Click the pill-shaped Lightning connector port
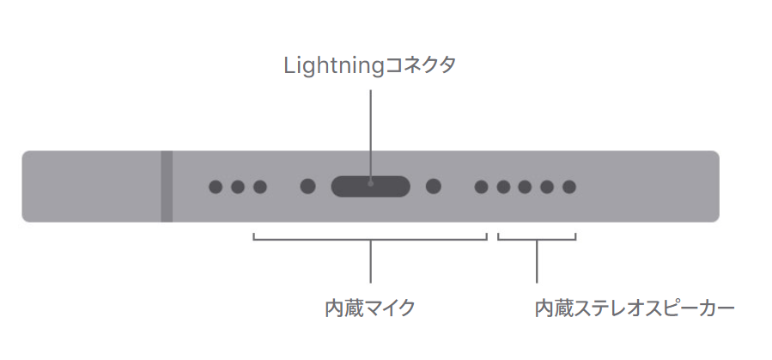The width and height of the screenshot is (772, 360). pyautogui.click(x=371, y=186)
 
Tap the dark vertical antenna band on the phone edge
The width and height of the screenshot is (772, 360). pyautogui.click(x=167, y=186)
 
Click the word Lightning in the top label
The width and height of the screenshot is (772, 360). pyautogui.click(x=331, y=66)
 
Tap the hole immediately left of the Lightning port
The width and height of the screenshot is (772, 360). pyautogui.click(x=308, y=186)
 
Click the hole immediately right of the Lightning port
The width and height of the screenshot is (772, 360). pyautogui.click(x=434, y=186)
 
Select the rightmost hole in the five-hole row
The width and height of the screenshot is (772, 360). pyautogui.click(x=569, y=186)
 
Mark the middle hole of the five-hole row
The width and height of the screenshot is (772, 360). pyautogui.click(x=526, y=186)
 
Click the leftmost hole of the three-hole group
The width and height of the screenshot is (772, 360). pyautogui.click(x=216, y=186)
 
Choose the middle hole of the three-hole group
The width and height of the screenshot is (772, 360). pyautogui.click(x=238, y=186)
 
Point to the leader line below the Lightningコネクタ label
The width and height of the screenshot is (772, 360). pyautogui.click(x=371, y=129)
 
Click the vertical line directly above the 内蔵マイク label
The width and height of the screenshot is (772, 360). pyautogui.click(x=371, y=262)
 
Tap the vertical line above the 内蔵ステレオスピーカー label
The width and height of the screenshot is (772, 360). pyautogui.click(x=537, y=262)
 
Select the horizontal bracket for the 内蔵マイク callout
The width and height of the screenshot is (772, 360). pyautogui.click(x=326, y=240)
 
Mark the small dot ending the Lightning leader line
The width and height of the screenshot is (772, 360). pyautogui.click(x=371, y=182)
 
